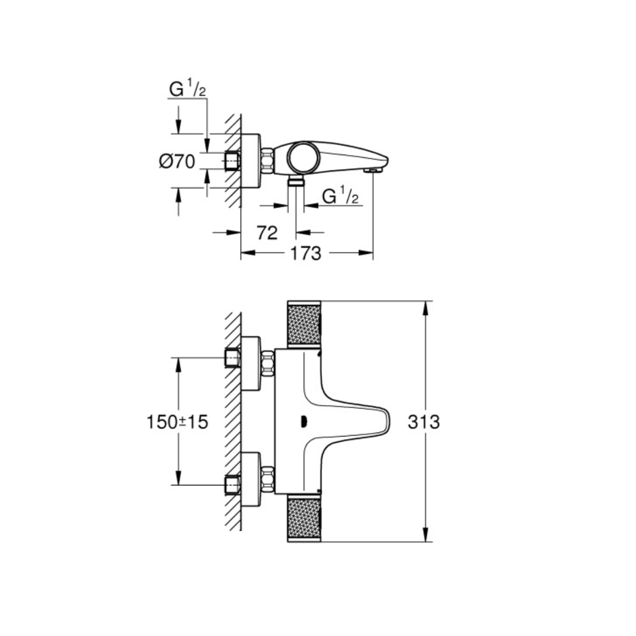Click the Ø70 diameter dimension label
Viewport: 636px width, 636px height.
(177, 162)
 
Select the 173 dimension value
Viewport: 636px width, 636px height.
(305, 253)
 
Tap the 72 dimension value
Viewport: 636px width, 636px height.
(267, 233)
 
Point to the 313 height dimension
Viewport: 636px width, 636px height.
(424, 421)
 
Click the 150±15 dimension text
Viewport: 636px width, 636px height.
(177, 422)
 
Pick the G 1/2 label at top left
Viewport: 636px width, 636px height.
(187, 90)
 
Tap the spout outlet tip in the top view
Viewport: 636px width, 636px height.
(373, 170)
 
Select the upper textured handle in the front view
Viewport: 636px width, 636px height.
(304, 325)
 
